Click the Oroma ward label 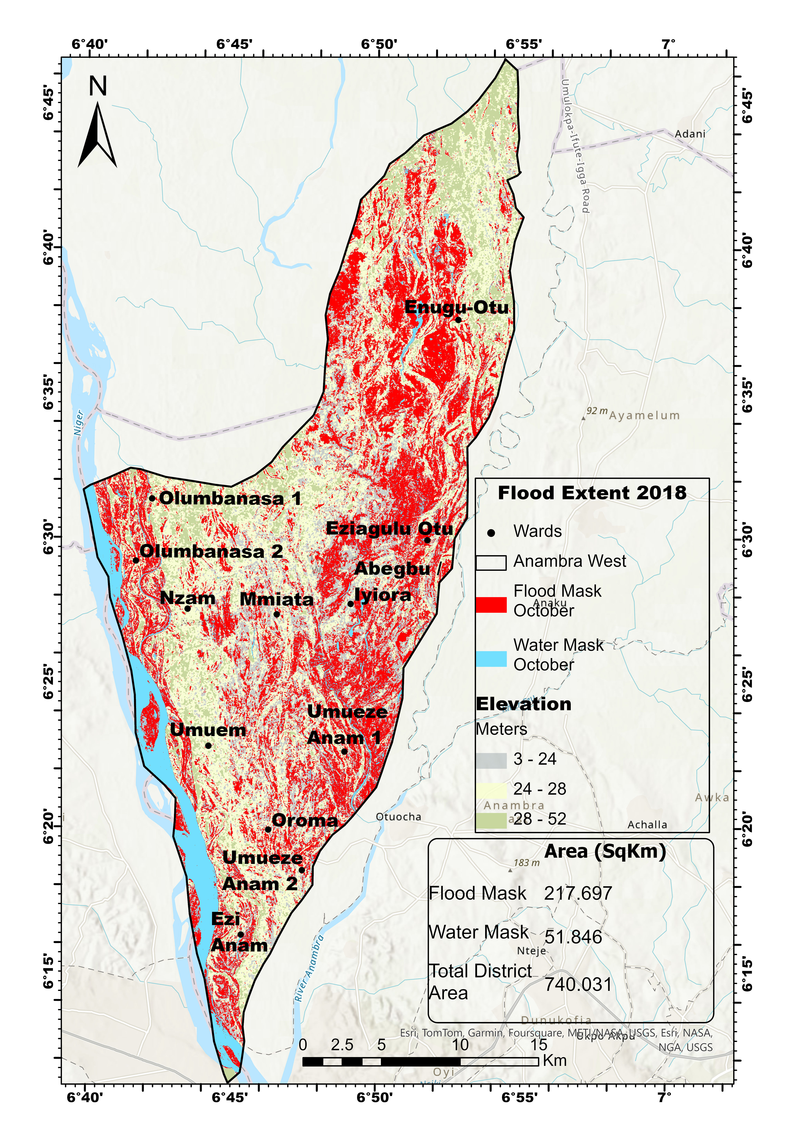coord(305,820)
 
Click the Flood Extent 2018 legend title coord(592,493)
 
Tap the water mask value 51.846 coord(573,937)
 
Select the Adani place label coord(690,134)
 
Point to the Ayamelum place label coord(644,415)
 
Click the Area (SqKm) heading coord(605,851)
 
